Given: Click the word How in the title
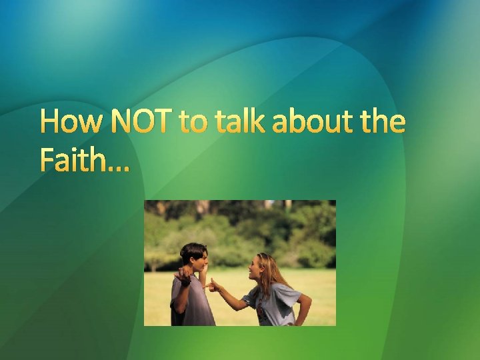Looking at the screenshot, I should [x=71, y=123].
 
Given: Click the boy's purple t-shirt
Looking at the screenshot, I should [x=193, y=303].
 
